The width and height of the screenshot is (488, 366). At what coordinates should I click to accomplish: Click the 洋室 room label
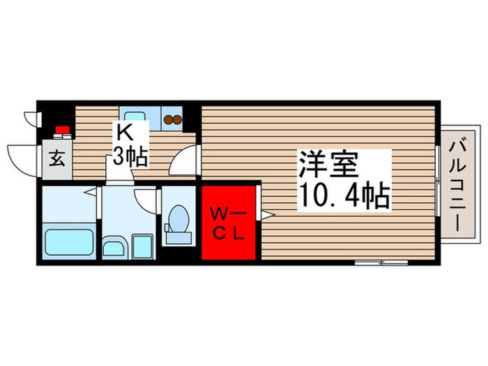328,165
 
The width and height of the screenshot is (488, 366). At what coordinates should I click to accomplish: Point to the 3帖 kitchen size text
130,158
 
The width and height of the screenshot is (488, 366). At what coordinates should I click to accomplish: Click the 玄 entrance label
57,158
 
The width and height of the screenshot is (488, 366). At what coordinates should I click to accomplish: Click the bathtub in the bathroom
68,242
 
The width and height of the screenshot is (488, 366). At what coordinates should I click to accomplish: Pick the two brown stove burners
172,119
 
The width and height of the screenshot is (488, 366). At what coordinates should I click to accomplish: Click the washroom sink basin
114,246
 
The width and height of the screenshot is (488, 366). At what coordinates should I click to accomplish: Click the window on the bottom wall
380,263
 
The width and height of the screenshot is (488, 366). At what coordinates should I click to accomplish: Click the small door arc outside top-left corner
29,115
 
